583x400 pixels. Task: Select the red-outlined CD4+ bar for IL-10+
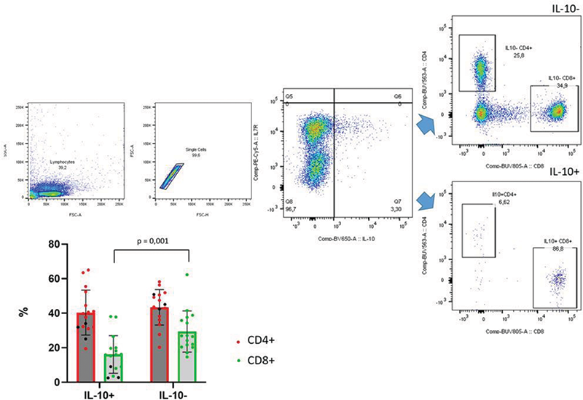click(x=87, y=347)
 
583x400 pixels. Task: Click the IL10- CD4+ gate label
click(x=521, y=49)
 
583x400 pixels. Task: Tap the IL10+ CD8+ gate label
click(x=555, y=245)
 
